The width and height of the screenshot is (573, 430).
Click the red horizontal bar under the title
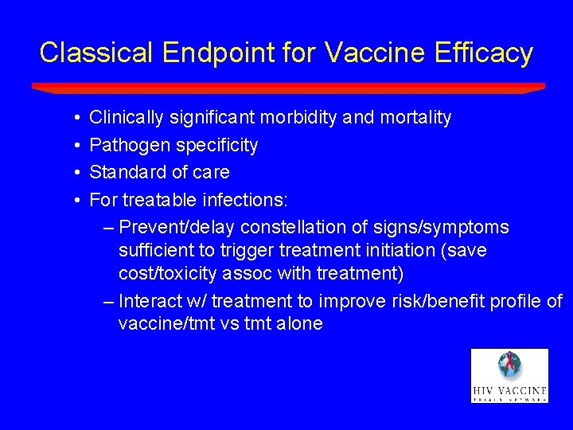(x=288, y=88)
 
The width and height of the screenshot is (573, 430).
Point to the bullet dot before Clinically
(x=73, y=119)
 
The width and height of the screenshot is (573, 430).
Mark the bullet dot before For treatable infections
(x=73, y=200)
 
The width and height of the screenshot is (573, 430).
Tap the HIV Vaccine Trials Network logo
(x=509, y=375)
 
